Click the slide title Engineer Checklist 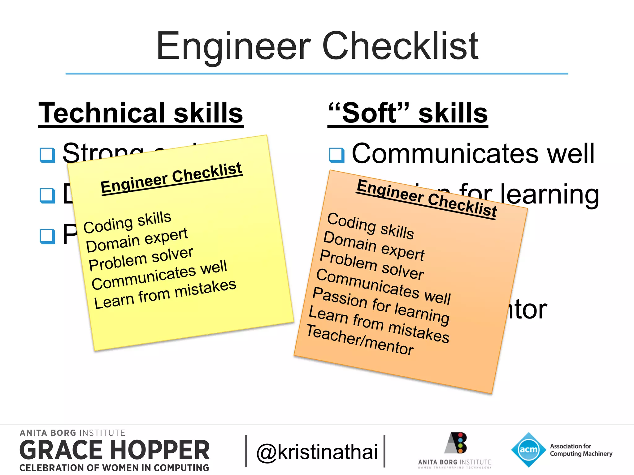(x=317, y=46)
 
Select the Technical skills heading (x=141, y=113)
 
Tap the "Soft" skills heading (x=408, y=113)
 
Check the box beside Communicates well (x=337, y=155)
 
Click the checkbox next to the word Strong (x=47, y=155)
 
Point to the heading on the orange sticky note (x=427, y=199)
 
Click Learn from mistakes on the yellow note (x=165, y=294)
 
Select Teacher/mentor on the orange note (x=360, y=340)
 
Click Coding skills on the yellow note (x=127, y=222)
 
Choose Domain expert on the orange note (x=374, y=246)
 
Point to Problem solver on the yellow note (x=141, y=259)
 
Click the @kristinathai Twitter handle (x=317, y=452)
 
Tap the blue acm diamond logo (x=528, y=449)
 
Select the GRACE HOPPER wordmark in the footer (x=115, y=450)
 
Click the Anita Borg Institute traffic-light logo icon (x=456, y=443)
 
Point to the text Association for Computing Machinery (x=581, y=450)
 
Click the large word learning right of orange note (x=550, y=195)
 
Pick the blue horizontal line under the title (x=317, y=74)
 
